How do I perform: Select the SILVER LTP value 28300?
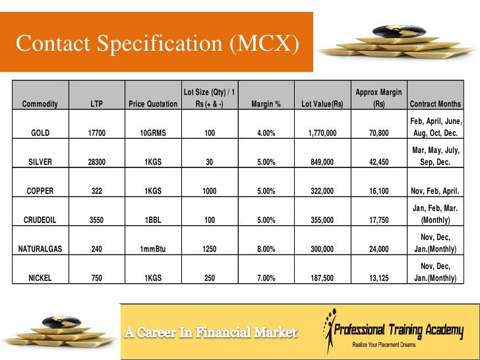point(96,162)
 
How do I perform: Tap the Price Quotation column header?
point(153,104)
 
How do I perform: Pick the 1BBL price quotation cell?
point(153,220)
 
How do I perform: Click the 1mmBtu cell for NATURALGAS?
point(153,249)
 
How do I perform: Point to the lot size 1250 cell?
point(210,249)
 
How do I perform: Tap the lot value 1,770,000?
point(322,133)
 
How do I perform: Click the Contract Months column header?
point(435,104)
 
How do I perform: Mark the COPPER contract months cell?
point(435,191)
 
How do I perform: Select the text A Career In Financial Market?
point(212,332)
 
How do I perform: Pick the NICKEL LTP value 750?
point(96,278)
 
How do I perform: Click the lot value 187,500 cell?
point(322,278)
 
